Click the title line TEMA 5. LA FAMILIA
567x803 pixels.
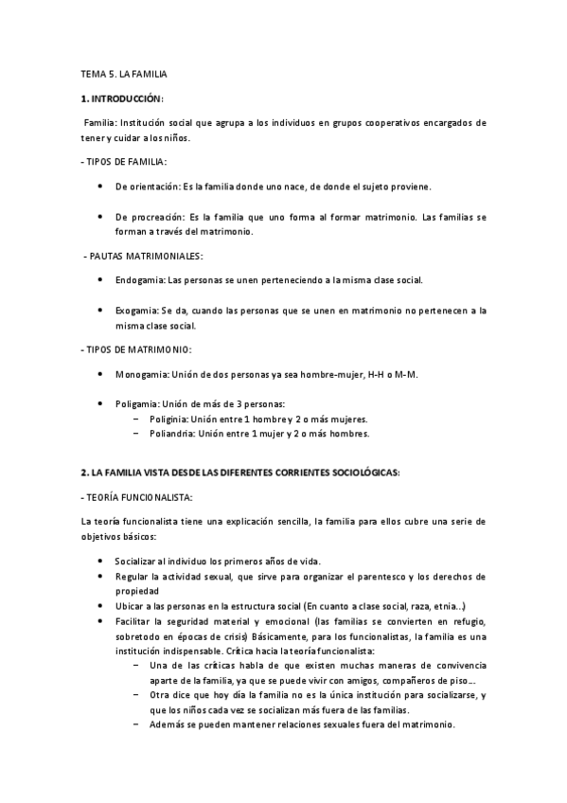(x=124, y=73)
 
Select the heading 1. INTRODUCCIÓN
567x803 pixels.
(x=123, y=98)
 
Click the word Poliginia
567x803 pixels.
(x=168, y=419)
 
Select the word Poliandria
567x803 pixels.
(x=171, y=434)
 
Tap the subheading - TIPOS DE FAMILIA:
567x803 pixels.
(x=123, y=162)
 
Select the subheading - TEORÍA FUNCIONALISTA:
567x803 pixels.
(x=136, y=496)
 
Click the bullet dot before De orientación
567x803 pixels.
(x=101, y=187)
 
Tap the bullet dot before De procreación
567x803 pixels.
(x=101, y=217)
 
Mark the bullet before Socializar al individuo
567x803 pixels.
(x=101, y=562)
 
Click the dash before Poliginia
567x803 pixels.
(x=136, y=419)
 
